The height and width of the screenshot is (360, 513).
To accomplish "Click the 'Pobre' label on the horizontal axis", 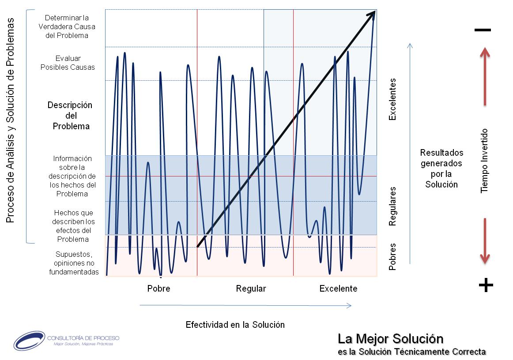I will click(158, 289).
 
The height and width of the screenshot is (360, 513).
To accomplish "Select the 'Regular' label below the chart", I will click(251, 289).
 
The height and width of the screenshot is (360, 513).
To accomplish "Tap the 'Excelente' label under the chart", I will click(338, 289).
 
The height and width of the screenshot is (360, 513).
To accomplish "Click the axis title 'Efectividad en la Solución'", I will click(235, 325).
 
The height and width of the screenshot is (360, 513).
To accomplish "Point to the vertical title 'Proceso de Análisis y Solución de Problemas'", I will click(11, 120).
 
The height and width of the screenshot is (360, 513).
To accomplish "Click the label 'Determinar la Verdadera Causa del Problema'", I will click(67, 27).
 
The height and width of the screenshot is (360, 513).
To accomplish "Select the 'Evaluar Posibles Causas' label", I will click(68, 63).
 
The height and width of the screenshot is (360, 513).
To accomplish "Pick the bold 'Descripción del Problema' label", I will click(70, 116).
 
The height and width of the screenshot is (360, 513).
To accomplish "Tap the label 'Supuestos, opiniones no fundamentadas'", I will click(74, 263).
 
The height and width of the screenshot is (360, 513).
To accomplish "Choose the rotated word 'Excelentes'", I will click(392, 99).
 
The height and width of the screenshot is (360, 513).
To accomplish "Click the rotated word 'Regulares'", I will click(392, 206).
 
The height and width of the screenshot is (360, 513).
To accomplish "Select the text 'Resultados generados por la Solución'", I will click(441, 169).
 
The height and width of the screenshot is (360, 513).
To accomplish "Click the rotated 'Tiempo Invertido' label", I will click(485, 161).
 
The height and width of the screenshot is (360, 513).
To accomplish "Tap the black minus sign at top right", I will click(483, 30).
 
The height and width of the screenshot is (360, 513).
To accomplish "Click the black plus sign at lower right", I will click(486, 286).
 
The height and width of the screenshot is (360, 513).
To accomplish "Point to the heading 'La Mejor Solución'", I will click(390, 339).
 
